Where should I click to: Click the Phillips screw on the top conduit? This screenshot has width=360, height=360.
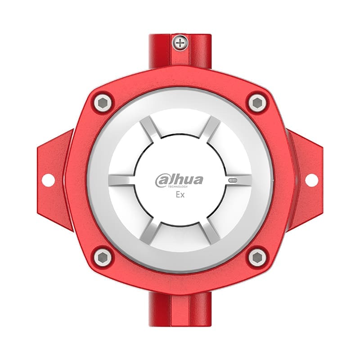(181, 44)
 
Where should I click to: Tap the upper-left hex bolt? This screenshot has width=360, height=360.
(103, 103)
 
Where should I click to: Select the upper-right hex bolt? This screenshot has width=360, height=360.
(257, 103)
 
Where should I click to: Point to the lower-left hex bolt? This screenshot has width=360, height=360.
(103, 257)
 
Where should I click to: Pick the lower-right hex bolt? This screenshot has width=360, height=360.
(257, 257)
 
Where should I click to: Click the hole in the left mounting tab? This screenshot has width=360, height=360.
(48, 180)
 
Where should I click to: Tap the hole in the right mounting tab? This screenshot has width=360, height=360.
(311, 180)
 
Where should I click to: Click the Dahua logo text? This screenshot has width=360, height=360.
(179, 180)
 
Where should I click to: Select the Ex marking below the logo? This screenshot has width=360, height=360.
(179, 195)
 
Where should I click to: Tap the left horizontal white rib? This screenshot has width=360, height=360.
(121, 180)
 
